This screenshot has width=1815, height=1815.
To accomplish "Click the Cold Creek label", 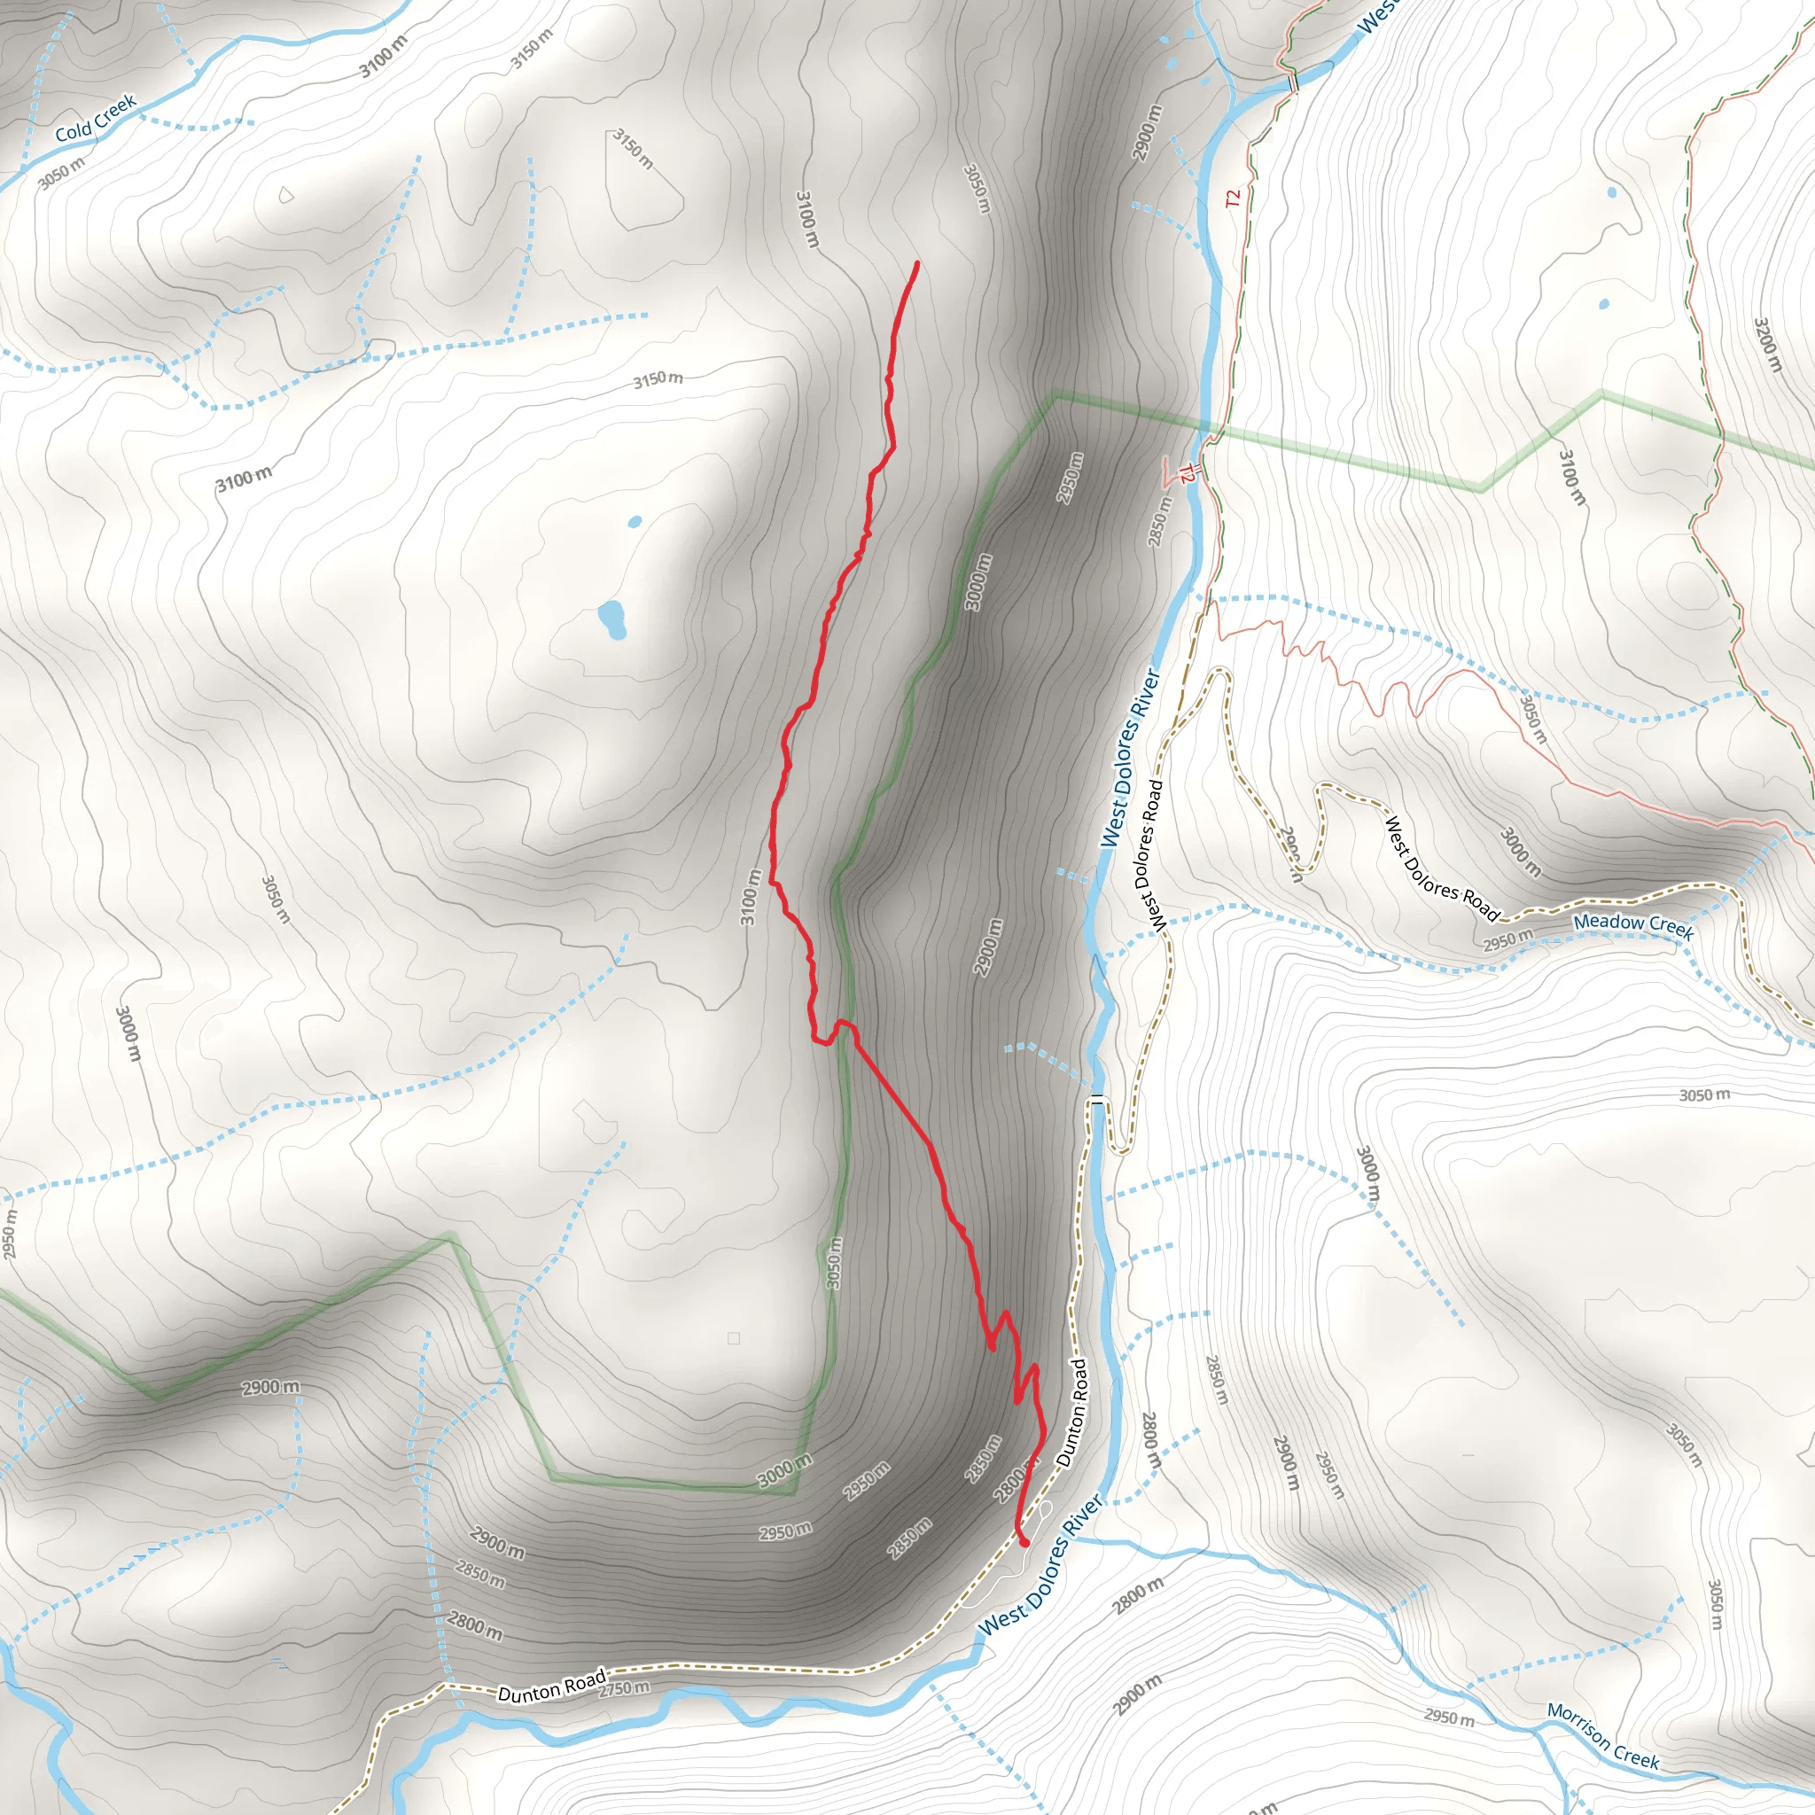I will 96,119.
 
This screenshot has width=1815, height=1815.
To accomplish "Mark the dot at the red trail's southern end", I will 1024,1542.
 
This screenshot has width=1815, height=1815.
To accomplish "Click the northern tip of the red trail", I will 916,264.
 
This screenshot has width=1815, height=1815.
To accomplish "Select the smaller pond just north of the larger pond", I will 635,521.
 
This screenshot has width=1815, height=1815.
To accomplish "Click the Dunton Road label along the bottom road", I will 551,1687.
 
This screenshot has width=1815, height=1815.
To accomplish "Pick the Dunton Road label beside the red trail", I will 1072,1413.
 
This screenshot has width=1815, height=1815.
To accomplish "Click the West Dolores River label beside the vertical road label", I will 1130,758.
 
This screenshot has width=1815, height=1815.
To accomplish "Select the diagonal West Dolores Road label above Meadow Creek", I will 1442,869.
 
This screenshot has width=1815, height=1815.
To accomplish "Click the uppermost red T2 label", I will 1233,199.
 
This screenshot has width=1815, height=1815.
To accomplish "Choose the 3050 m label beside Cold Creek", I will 62,173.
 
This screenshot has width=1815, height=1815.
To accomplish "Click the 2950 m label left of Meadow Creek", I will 1507,939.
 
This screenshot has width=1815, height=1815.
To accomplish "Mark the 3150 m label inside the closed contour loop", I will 633,148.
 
